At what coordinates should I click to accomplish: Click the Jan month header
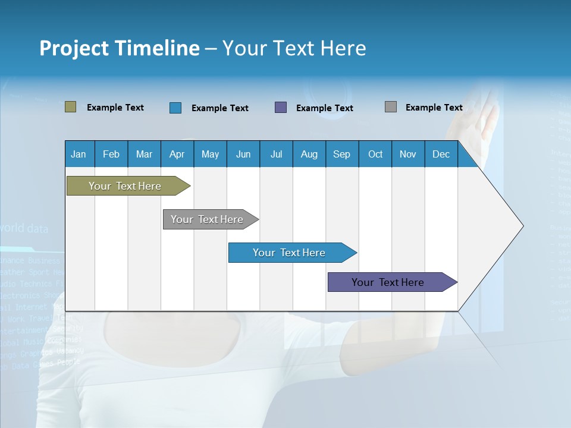79,154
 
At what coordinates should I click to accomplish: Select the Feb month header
111,154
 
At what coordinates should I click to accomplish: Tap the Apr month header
177,154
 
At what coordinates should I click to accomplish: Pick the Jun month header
243,154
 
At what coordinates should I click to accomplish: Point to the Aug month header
309,154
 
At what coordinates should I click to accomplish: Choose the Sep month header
341,154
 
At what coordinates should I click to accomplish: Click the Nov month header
408,154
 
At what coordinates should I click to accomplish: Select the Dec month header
441,154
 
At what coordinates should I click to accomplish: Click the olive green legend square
70,107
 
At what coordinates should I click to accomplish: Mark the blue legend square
175,108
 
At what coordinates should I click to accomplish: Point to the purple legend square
281,107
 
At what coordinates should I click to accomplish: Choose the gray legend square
390,107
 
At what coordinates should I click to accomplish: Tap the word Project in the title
74,48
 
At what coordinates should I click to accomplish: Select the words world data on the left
25,228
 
